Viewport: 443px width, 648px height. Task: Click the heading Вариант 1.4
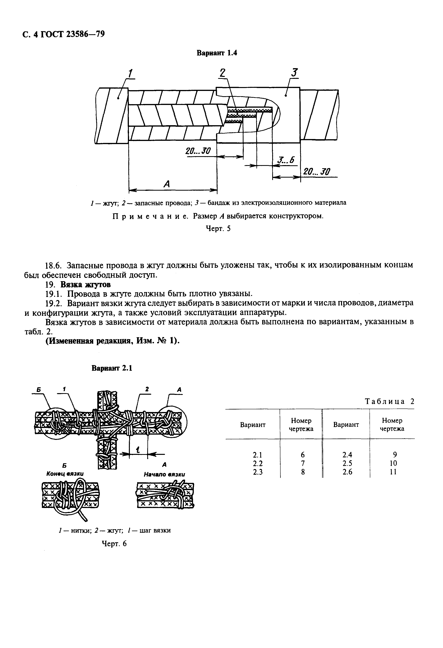click(x=217, y=53)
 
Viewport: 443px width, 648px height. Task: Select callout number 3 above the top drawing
click(x=294, y=73)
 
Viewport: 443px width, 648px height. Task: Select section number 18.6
click(x=55, y=265)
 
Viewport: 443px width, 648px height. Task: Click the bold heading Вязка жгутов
click(x=85, y=285)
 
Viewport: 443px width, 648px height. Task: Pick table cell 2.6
click(x=347, y=472)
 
